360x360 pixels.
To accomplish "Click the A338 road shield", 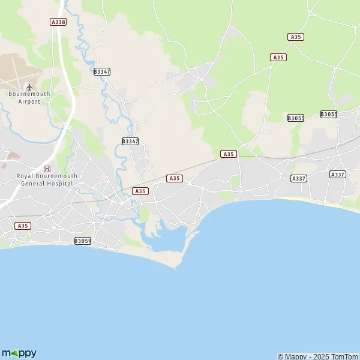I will tap(58, 22).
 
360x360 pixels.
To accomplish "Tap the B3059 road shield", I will tap(83, 241).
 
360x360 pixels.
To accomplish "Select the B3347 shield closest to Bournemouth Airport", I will tap(102, 71).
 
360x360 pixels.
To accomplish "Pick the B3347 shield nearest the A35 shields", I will tap(130, 142).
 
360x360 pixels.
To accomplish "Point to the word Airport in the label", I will tap(29, 101).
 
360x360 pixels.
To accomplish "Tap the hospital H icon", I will tap(47, 169).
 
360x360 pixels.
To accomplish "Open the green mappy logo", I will tap(19, 353).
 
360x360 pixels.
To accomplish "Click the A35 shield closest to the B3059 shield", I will tap(23, 226).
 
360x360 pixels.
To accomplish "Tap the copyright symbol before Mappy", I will tap(280, 356).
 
